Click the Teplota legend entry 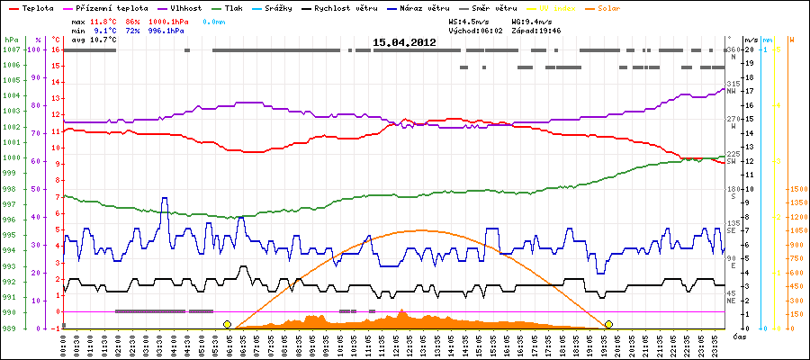click(x=32, y=7)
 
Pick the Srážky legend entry click(x=283, y=7)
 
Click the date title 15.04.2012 click(x=404, y=41)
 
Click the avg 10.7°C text click(x=77, y=40)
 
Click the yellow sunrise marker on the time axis click(x=227, y=324)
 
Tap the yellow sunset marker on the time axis click(x=609, y=324)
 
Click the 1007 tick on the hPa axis click(x=11, y=49)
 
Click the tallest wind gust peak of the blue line click(x=164, y=199)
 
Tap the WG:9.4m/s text click(x=531, y=20)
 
